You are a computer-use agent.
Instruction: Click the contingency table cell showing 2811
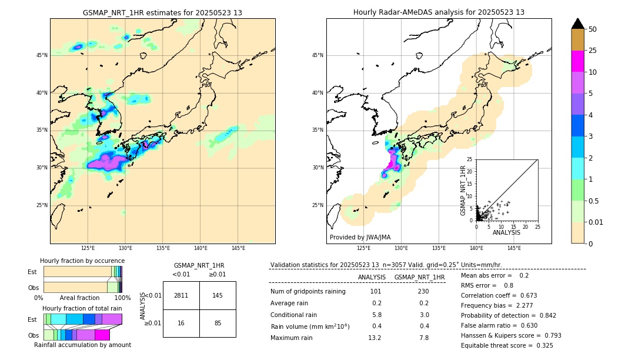(x=181, y=295)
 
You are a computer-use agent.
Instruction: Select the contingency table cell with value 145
(x=218, y=295)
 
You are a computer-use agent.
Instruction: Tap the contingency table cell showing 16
(x=181, y=323)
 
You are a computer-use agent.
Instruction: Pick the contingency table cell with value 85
(x=218, y=323)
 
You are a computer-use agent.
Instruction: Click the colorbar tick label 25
(x=593, y=51)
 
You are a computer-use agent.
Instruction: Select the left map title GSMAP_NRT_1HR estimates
(x=162, y=12)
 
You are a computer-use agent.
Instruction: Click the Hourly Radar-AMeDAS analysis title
(x=439, y=12)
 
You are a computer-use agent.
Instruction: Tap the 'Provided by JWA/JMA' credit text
(x=360, y=237)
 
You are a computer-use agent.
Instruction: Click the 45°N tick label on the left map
(x=42, y=55)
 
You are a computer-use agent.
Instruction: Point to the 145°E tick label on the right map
(x=514, y=249)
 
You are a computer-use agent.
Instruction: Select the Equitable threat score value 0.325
(x=540, y=345)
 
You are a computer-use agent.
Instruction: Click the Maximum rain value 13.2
(x=375, y=338)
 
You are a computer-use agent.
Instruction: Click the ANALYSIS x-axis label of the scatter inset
(x=506, y=232)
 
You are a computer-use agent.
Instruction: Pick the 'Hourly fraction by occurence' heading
(x=82, y=261)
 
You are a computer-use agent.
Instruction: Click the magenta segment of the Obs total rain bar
(x=102, y=335)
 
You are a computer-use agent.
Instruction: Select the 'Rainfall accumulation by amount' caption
(x=82, y=345)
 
